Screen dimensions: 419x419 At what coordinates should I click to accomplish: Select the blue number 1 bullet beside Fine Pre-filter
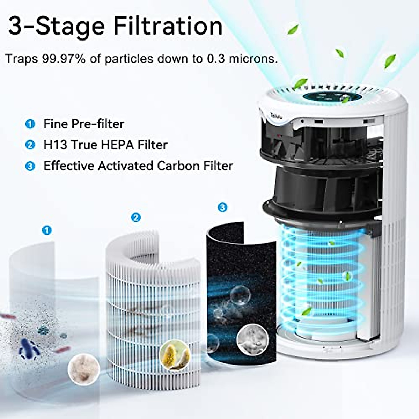point(30,124)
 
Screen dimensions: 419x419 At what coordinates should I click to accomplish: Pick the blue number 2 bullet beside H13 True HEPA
point(30,145)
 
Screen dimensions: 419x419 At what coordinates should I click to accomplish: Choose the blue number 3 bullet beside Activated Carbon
point(30,166)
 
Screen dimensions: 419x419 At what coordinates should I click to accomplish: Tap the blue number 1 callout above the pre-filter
point(46,230)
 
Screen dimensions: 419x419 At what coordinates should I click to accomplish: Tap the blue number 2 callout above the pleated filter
point(135,218)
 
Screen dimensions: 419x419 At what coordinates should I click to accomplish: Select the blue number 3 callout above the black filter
point(222,207)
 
